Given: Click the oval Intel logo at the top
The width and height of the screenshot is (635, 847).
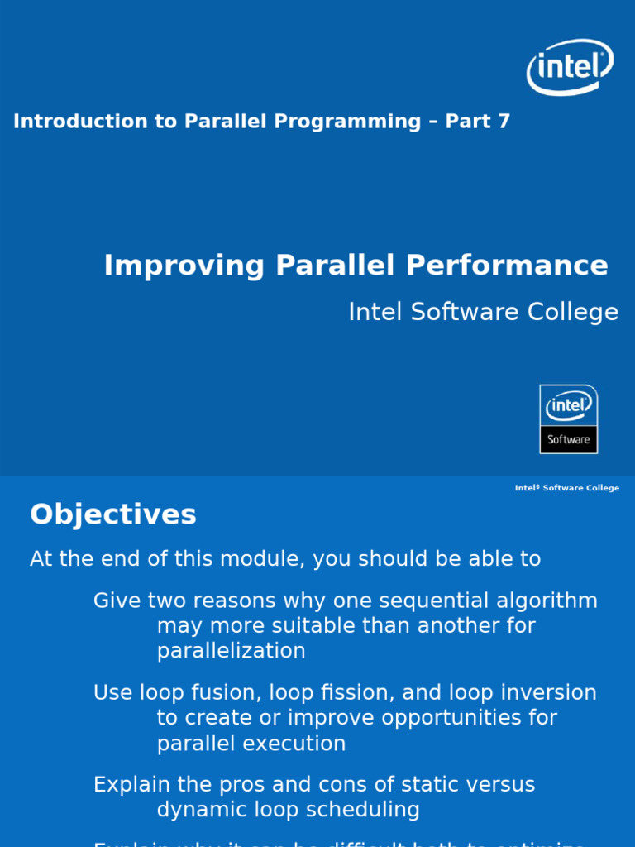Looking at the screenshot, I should click(x=570, y=66).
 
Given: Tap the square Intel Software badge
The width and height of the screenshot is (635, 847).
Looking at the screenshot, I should click(x=568, y=419).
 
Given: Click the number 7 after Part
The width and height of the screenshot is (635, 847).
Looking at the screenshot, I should click(x=504, y=122).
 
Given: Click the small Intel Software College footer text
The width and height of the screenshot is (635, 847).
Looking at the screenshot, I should click(x=566, y=488).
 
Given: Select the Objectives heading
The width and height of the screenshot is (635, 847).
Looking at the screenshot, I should click(x=113, y=514).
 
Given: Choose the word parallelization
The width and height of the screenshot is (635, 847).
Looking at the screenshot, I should click(x=231, y=651).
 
